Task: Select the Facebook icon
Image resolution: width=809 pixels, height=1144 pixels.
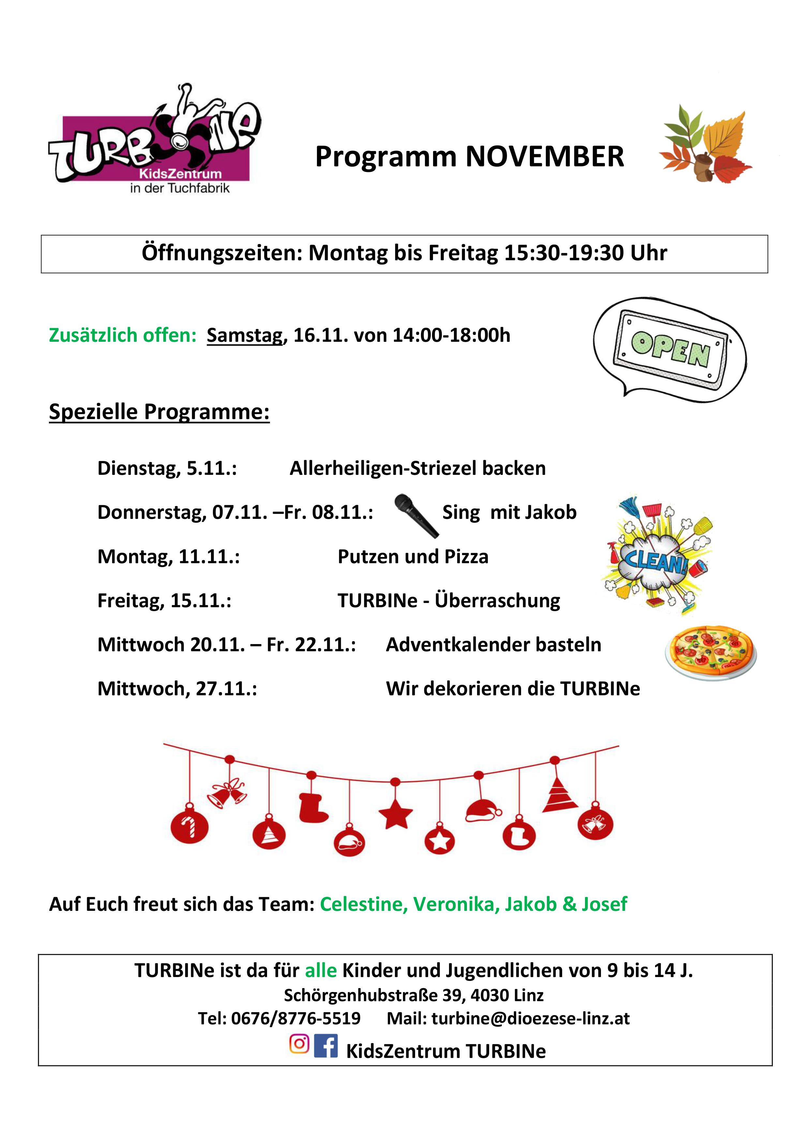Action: [326, 1045]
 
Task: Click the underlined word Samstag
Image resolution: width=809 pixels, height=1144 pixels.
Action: [245, 335]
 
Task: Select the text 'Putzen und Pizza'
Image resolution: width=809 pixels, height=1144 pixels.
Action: [413, 557]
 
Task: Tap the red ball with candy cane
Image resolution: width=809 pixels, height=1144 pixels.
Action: [189, 828]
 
